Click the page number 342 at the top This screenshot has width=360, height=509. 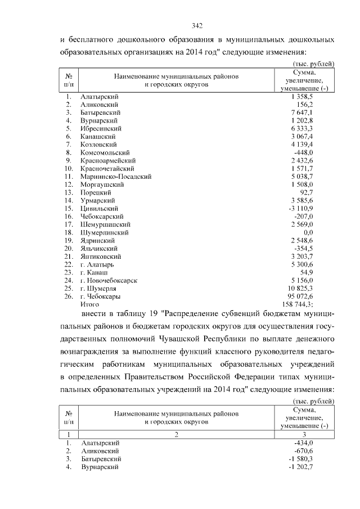click(x=197, y=26)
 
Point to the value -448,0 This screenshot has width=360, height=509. click(x=311, y=152)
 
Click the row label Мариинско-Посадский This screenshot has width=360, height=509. click(x=116, y=176)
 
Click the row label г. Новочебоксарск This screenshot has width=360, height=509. click(x=109, y=280)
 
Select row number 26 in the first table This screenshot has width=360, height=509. click(x=68, y=296)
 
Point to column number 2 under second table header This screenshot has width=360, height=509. click(x=175, y=434)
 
